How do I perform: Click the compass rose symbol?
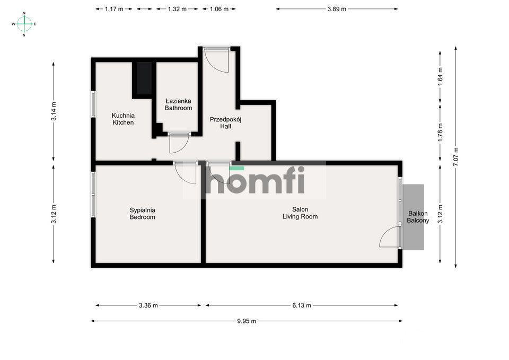(24, 23)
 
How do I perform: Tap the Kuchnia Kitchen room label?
(123, 119)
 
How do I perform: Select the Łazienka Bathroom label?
(178, 104)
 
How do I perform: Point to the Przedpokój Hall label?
(225, 122)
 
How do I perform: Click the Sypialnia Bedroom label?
(143, 213)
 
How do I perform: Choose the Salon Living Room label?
(300, 213)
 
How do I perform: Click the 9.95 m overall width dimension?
(246, 321)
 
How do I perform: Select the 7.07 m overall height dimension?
(455, 157)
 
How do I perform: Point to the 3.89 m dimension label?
(337, 9)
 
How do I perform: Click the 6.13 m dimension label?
(301, 305)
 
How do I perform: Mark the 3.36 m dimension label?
(148, 305)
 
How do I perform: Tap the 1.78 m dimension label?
(440, 131)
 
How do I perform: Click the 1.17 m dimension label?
(114, 9)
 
